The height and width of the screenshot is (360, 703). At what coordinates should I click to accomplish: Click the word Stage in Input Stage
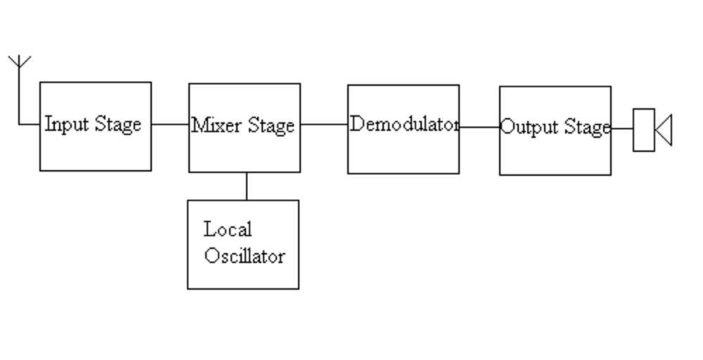coord(118,124)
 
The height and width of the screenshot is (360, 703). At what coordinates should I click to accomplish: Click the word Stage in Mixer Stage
coord(271,126)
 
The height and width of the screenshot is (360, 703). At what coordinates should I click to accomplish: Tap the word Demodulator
coord(404,124)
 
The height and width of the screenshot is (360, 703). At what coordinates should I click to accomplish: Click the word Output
coord(524,128)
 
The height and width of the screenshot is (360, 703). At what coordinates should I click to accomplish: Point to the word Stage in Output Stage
coord(588,128)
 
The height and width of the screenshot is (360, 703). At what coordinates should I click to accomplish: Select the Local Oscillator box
coord(243,274)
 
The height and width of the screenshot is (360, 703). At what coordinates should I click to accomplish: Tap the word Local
coord(228,229)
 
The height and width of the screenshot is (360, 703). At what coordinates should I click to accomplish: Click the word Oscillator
coord(245,255)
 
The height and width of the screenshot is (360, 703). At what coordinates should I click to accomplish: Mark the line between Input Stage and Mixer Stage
coord(170,124)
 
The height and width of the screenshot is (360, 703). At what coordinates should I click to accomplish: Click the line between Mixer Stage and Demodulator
coord(324,124)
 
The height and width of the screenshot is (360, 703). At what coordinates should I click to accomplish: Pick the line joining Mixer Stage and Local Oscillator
coord(246,186)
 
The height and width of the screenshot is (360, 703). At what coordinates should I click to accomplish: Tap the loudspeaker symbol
coord(652,129)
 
